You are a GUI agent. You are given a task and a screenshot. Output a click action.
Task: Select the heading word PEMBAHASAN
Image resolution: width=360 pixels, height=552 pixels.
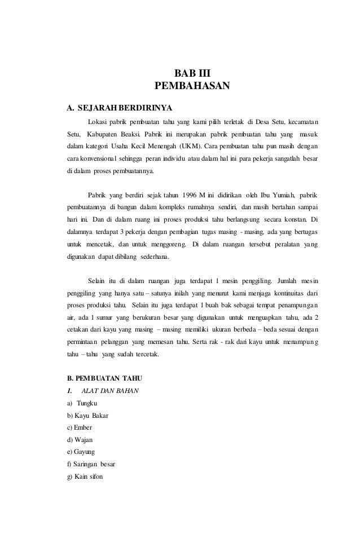(x=192, y=86)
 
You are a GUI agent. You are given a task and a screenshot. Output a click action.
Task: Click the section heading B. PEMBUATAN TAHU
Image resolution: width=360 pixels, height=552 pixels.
(x=105, y=377)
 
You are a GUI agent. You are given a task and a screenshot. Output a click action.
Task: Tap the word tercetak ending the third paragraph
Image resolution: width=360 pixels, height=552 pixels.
(x=144, y=355)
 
